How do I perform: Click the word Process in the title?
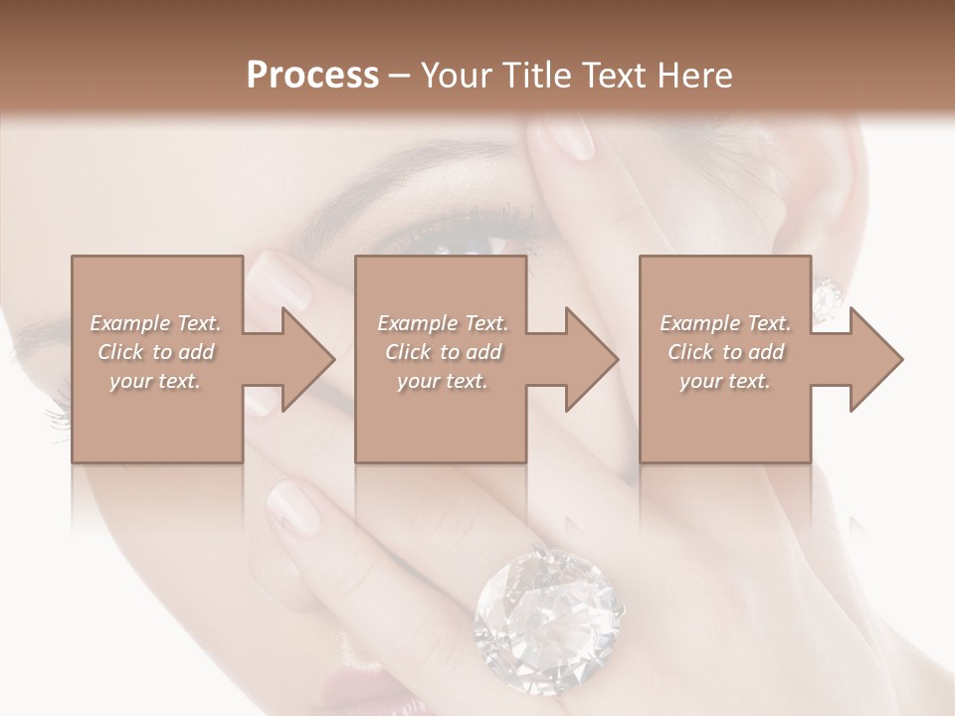click(x=312, y=76)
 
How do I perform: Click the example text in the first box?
click(x=156, y=351)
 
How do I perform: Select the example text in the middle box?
click(x=442, y=351)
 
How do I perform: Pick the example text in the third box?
click(x=725, y=351)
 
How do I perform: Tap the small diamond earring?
click(x=827, y=296)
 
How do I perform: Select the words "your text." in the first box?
click(x=156, y=380)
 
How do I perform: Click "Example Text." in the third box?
click(x=725, y=323)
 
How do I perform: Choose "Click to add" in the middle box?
click(x=442, y=352)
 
